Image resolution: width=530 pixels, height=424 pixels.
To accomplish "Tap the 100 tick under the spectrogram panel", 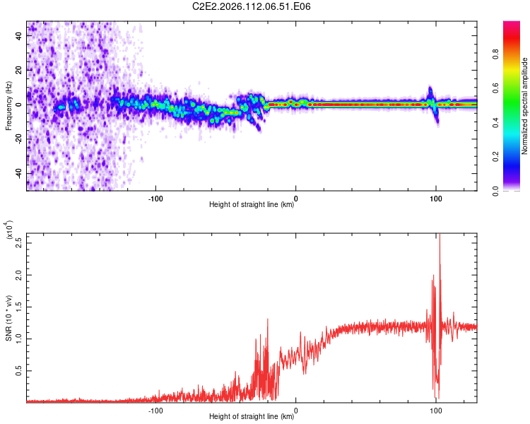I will [x=436, y=198].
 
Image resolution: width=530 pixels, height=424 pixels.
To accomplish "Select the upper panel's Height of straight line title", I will [x=252, y=205].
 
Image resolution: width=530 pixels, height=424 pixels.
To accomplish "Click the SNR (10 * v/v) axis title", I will [x=9, y=318].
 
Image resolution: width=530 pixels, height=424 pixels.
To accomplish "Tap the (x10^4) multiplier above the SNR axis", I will [x=9, y=231].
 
